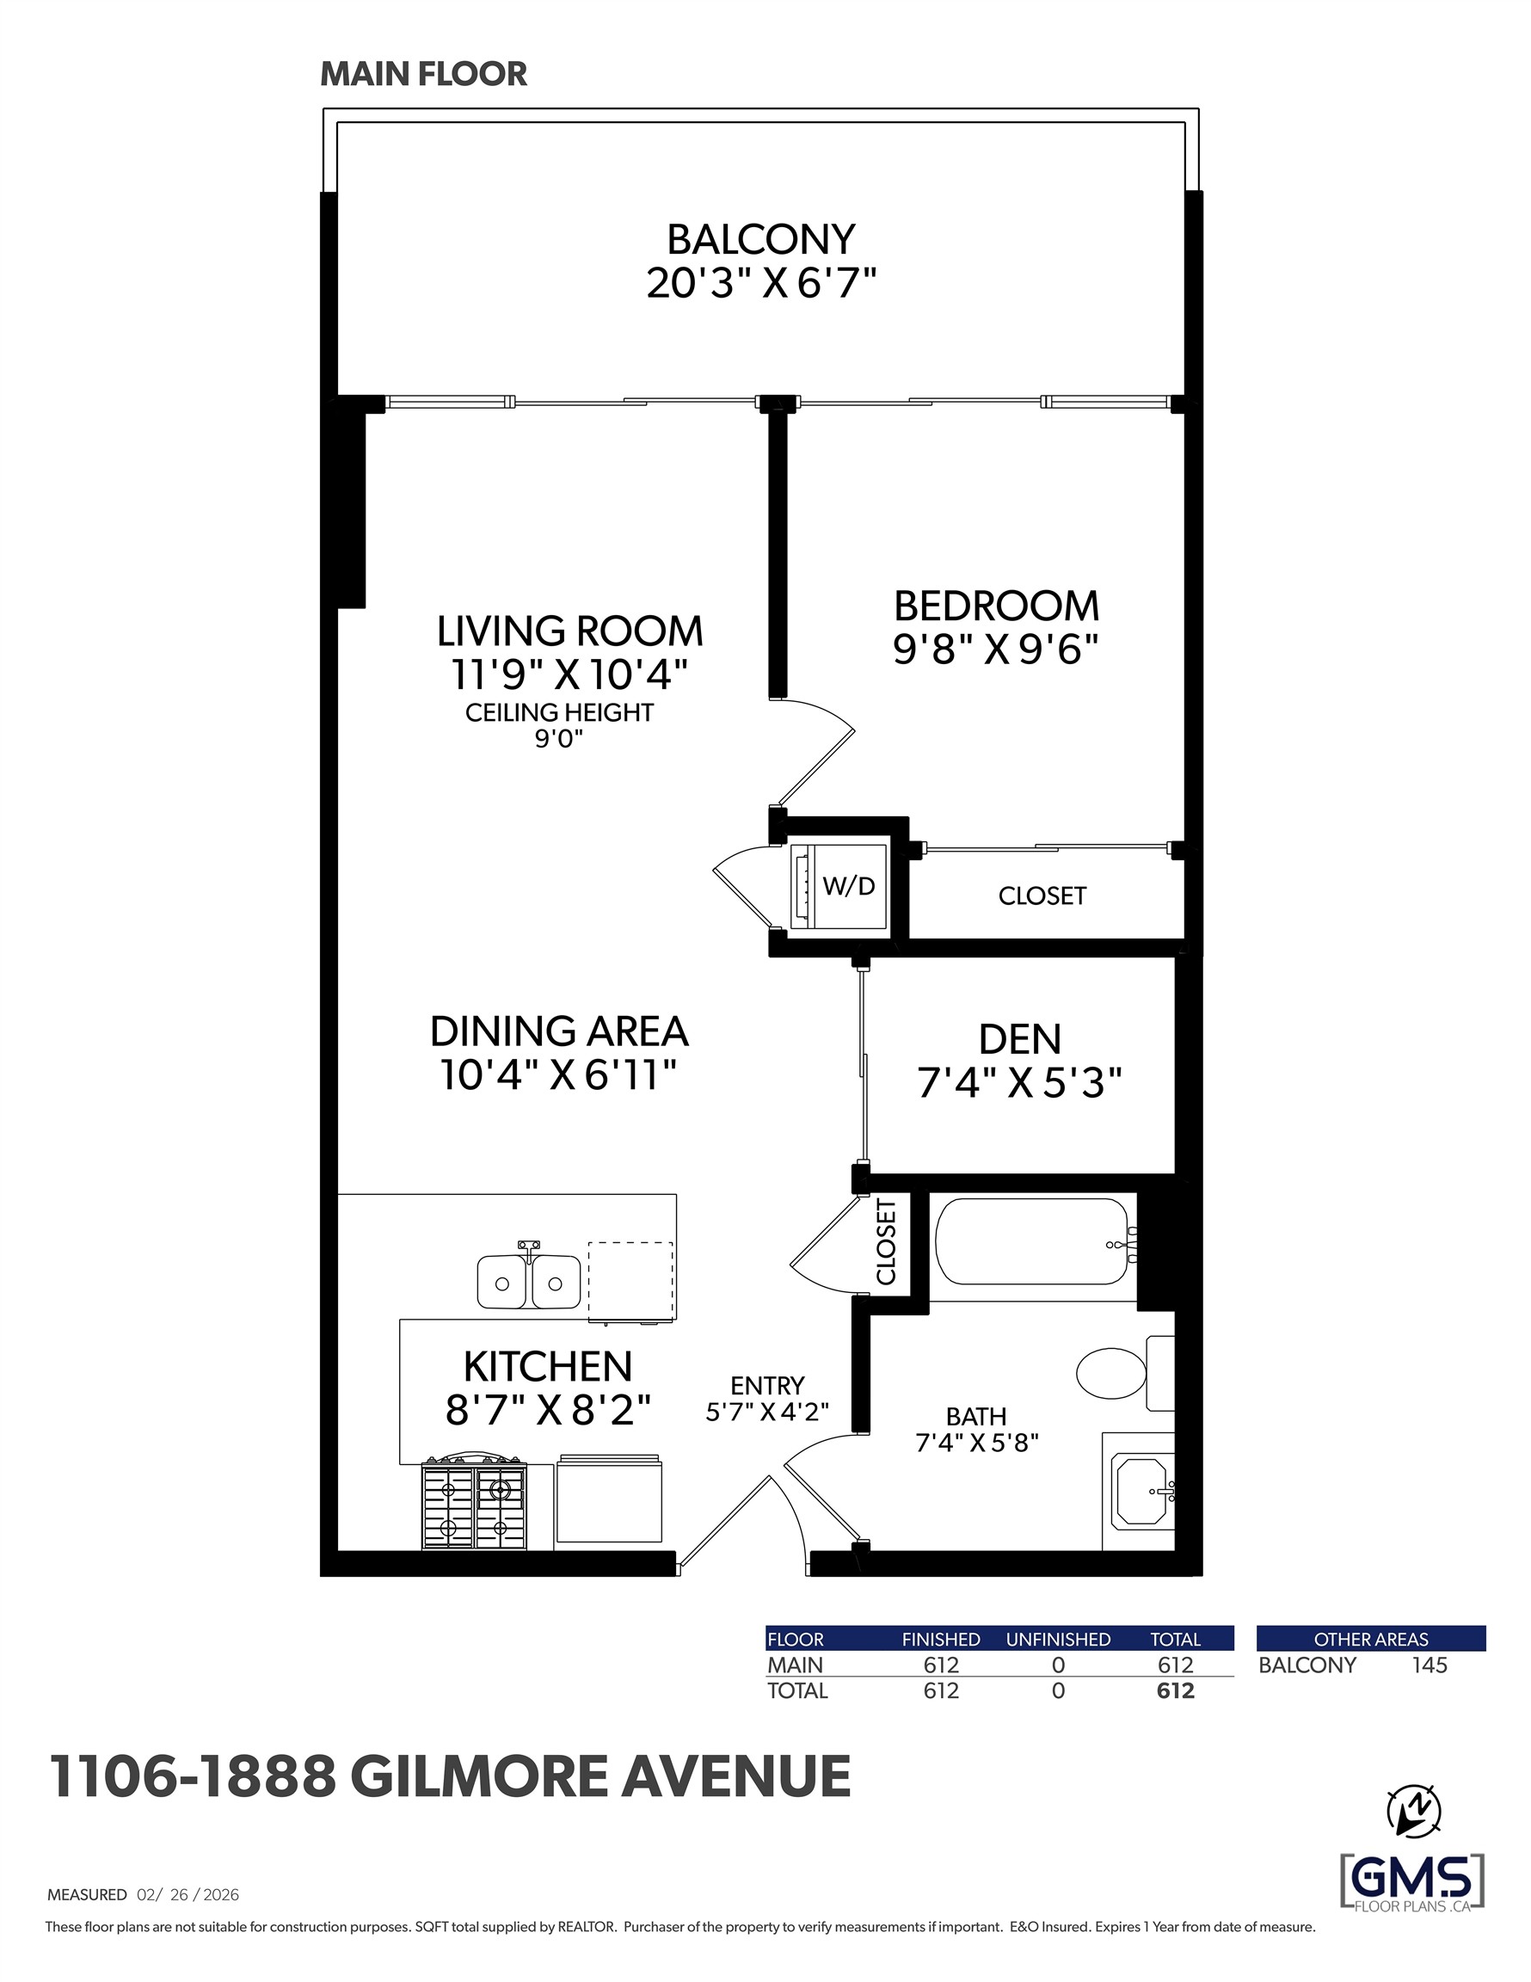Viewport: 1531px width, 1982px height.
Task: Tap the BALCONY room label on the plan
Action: point(760,240)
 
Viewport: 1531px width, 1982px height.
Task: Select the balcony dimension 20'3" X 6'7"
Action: point(760,283)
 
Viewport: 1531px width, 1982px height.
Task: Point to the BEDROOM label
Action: point(997,606)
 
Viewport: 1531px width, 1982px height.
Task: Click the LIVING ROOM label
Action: point(570,631)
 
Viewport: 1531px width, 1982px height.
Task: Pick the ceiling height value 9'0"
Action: point(558,739)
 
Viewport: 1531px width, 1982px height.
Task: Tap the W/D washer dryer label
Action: point(849,886)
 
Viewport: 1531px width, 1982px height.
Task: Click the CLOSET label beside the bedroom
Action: point(1042,896)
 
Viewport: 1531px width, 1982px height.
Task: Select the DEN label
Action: point(1019,1040)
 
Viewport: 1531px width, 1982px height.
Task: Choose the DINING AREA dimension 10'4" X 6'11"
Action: point(559,1075)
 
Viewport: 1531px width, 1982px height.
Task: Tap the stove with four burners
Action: point(474,1505)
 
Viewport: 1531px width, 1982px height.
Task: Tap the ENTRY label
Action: point(768,1386)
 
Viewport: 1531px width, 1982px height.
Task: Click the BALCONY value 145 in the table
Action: point(1430,1665)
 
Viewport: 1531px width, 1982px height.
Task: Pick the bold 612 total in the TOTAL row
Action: point(1175,1690)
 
